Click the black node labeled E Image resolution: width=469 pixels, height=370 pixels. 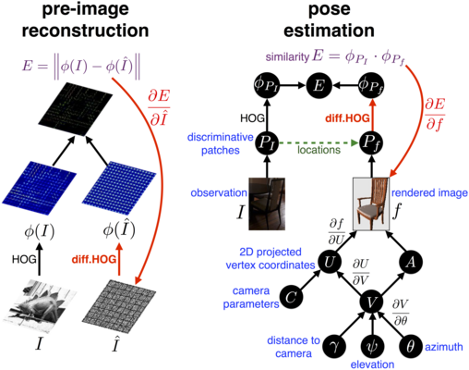[319, 85]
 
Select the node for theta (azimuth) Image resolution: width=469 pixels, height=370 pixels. [411, 347]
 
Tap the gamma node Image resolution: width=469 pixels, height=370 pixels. [335, 347]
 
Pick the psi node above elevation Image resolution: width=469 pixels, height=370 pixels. [373, 347]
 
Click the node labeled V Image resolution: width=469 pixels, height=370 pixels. [373, 302]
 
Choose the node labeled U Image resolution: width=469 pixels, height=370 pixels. [330, 262]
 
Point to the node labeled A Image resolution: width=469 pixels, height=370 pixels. [411, 262]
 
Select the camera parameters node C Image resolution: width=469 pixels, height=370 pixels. [291, 297]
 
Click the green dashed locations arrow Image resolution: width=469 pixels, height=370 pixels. [319, 143]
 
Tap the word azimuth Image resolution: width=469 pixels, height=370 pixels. [444, 347]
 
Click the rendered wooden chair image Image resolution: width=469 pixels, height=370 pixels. [371, 203]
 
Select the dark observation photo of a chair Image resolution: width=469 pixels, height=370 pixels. [267, 203]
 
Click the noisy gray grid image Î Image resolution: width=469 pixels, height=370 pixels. [119, 306]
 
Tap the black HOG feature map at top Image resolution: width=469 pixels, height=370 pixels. [75, 109]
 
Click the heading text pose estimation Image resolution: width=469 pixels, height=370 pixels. [329, 19]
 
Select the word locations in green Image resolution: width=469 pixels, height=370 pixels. [319, 150]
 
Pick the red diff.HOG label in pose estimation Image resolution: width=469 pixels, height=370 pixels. [347, 118]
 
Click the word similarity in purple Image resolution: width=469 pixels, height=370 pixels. [287, 56]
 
